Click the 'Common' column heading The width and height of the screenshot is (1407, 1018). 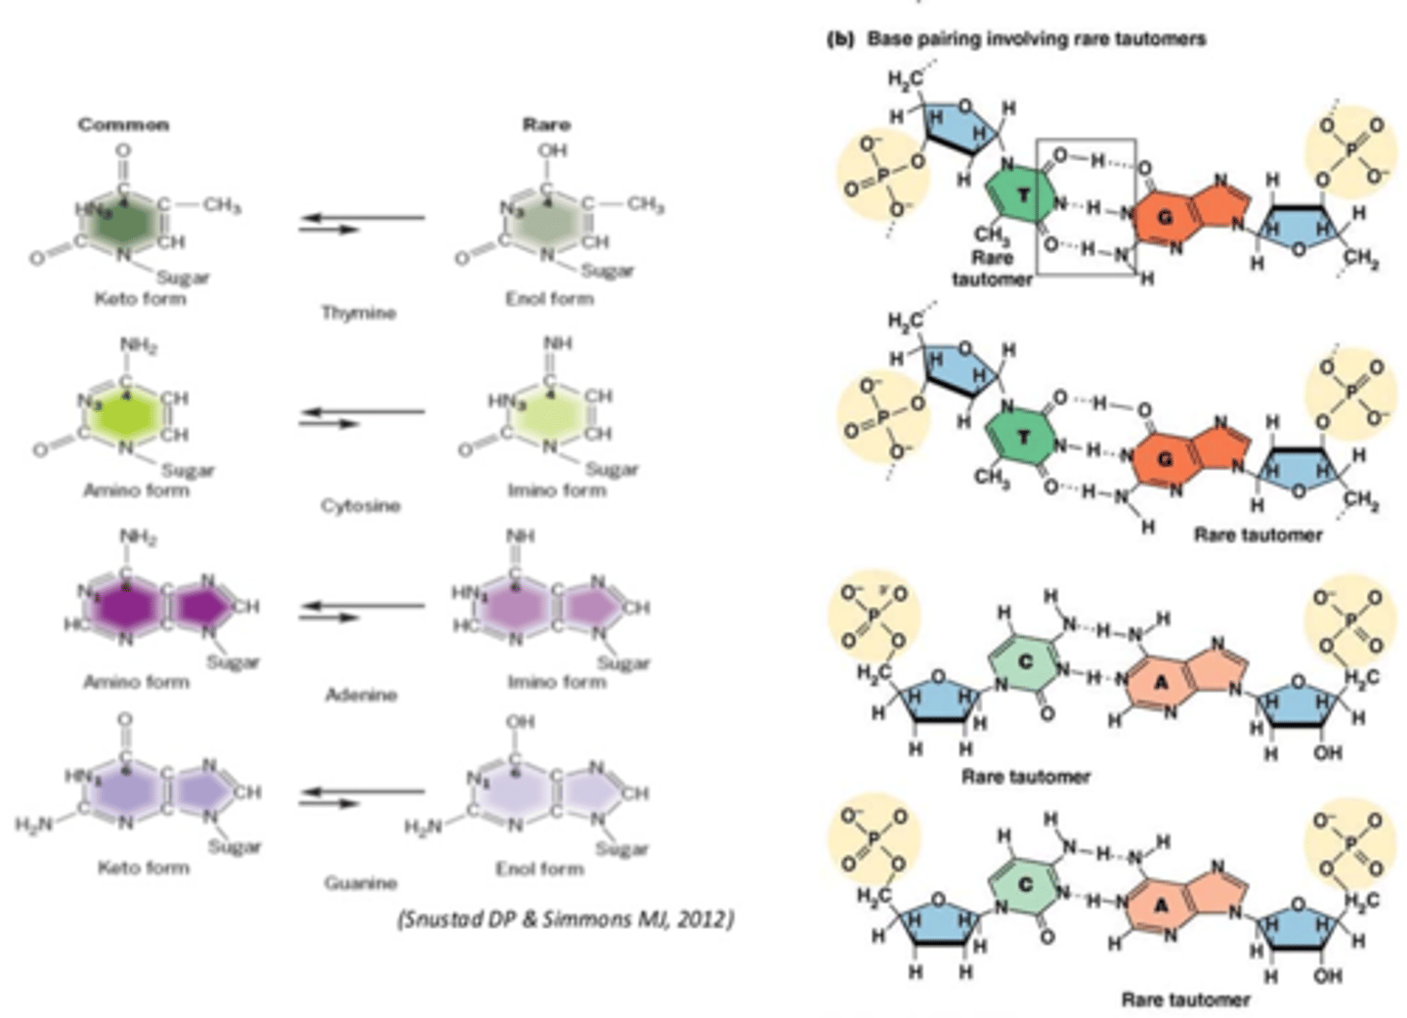(x=123, y=124)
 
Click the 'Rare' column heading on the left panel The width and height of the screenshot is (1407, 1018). (x=546, y=124)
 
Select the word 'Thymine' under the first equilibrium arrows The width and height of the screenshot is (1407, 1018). (x=359, y=313)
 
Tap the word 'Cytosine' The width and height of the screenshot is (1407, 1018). (x=361, y=505)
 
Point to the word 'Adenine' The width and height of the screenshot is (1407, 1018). (x=361, y=695)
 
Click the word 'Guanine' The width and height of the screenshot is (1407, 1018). (x=361, y=883)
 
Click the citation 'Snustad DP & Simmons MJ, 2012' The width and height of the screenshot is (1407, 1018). (x=566, y=919)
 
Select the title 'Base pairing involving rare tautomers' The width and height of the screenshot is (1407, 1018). (x=1037, y=39)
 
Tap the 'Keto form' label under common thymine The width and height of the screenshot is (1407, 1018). (x=140, y=298)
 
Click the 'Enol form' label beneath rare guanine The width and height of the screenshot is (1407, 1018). (x=539, y=868)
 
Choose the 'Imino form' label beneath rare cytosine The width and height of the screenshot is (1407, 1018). (x=556, y=489)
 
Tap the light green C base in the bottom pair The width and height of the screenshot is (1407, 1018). (x=1024, y=886)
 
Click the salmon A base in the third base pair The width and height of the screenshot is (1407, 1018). (x=1162, y=682)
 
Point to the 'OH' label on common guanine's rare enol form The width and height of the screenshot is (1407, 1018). (x=520, y=722)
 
